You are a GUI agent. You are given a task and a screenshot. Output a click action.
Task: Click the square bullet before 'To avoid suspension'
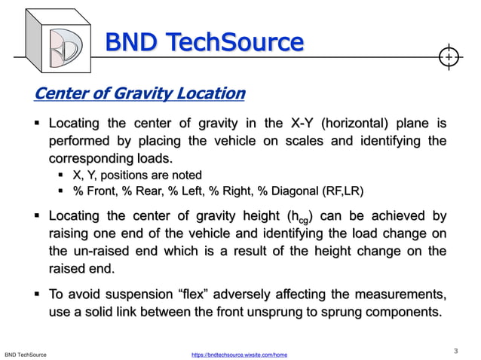(37, 292)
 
